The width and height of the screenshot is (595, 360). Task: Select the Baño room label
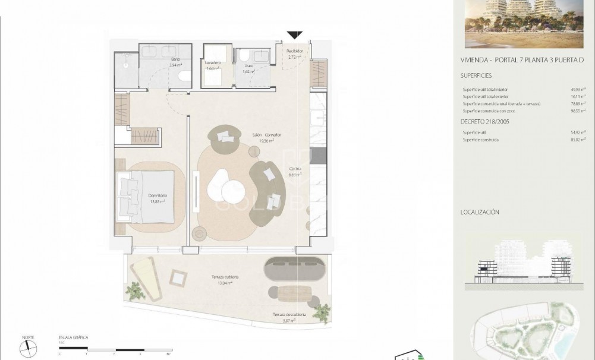(x=175, y=60)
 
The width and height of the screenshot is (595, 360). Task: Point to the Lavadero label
(x=213, y=63)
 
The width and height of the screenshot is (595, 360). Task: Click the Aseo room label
(x=248, y=66)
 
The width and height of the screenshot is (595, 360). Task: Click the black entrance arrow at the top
(x=295, y=36)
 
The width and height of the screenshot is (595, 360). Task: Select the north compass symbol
(x=28, y=348)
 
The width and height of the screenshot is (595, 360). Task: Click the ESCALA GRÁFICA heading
(x=73, y=337)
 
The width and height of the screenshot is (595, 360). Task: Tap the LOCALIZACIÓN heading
(x=480, y=212)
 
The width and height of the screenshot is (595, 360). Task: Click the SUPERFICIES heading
(x=476, y=76)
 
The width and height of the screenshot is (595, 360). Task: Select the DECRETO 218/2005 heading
(x=484, y=121)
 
